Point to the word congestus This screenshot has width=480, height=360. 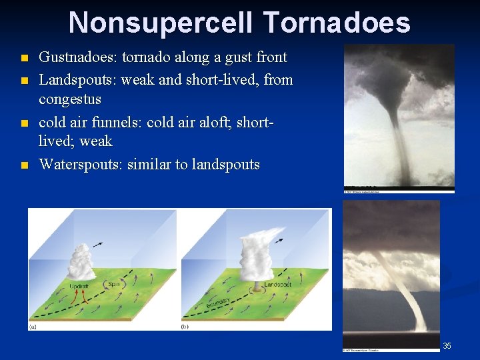pos(70,99)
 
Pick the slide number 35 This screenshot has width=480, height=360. pos(447,345)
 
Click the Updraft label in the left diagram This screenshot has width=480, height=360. pos(81,287)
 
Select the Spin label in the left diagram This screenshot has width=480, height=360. pos(115,284)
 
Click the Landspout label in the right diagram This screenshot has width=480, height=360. pos(277,285)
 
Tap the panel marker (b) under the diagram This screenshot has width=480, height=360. pos(186,327)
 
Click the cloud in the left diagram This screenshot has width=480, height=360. pos(81,260)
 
